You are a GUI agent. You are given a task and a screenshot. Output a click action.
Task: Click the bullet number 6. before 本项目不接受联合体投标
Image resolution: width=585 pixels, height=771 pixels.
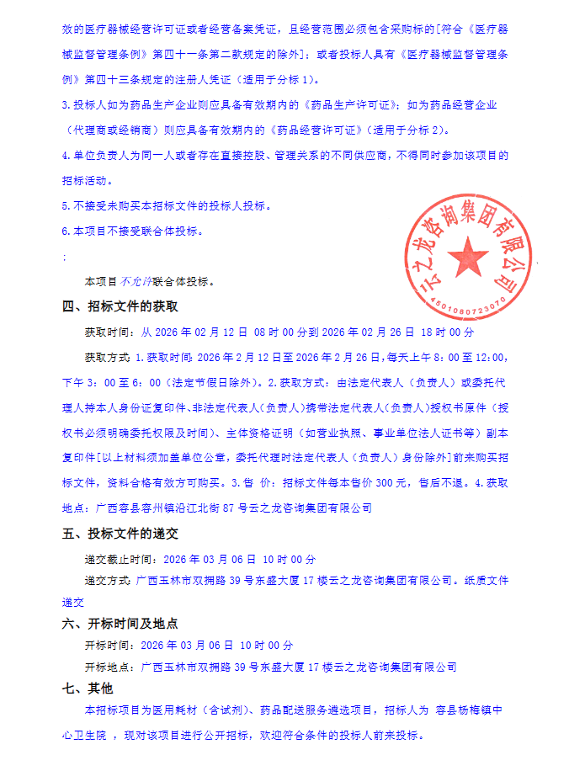click(x=66, y=231)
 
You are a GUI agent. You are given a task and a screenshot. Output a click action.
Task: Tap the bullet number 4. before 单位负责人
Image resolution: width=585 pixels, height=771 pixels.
click(x=66, y=156)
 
